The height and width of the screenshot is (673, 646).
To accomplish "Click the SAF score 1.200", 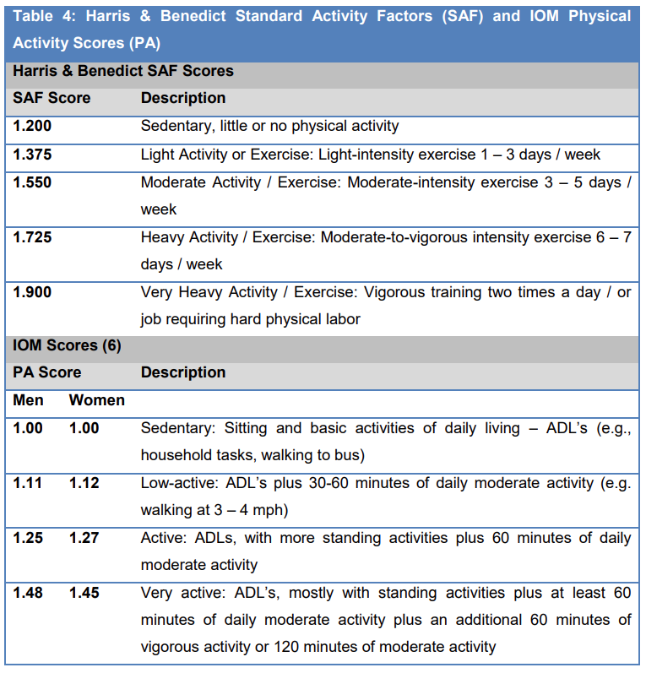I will click(x=31, y=127).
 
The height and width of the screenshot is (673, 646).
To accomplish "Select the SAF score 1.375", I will click(x=31, y=155).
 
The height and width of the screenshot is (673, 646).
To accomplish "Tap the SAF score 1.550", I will click(x=31, y=183).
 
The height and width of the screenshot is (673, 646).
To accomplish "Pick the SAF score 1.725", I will click(x=31, y=238).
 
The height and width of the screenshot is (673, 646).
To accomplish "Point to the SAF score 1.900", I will click(x=31, y=293).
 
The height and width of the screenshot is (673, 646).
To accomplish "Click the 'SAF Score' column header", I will click(x=52, y=99).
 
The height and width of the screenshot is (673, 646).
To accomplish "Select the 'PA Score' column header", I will click(x=47, y=372).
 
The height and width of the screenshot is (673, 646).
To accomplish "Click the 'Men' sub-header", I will click(x=29, y=400).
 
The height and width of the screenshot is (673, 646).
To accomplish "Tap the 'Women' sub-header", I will click(x=96, y=400).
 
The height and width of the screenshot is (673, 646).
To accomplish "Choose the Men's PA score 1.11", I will click(x=27, y=483).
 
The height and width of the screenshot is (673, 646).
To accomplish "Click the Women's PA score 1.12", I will click(x=84, y=483).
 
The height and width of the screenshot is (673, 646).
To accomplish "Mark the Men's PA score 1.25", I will click(x=27, y=538).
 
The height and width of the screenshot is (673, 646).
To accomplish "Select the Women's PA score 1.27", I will click(x=84, y=538).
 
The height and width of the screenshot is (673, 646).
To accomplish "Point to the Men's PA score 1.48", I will click(x=27, y=594).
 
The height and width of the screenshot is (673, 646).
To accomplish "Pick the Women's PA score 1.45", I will click(x=84, y=594).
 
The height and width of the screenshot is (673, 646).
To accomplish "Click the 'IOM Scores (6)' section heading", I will click(x=67, y=345).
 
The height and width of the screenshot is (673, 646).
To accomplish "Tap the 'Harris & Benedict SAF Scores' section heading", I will click(x=123, y=72).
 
